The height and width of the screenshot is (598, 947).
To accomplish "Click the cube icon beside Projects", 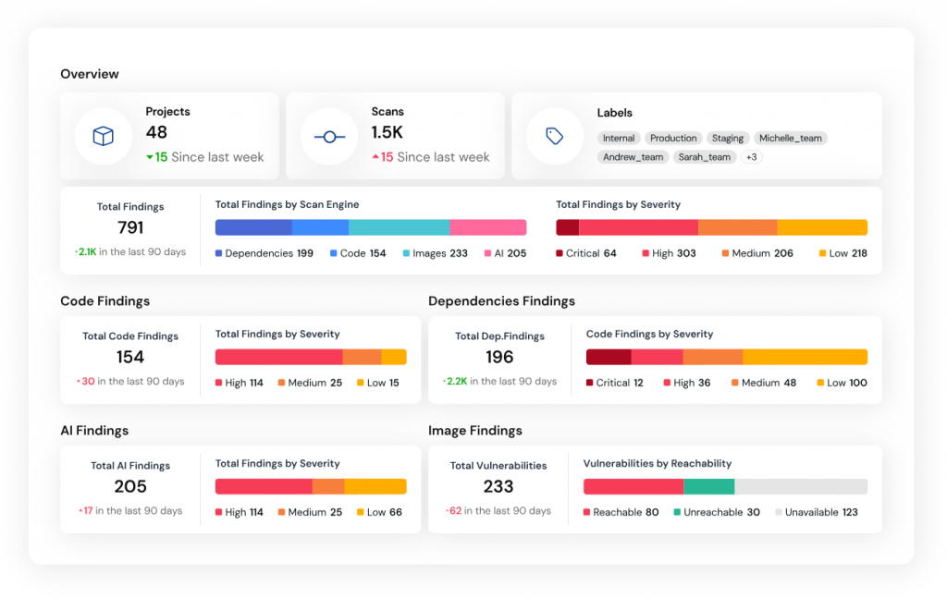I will pyautogui.click(x=103, y=137).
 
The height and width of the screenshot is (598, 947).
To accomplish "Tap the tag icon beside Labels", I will pyautogui.click(x=555, y=137).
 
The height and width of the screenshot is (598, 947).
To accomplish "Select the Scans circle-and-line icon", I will pyautogui.click(x=329, y=137).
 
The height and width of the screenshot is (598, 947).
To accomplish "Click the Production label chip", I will pyautogui.click(x=673, y=139).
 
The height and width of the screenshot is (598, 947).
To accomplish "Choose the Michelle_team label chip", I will pyautogui.click(x=790, y=139).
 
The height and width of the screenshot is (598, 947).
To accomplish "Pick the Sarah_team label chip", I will pyautogui.click(x=705, y=157).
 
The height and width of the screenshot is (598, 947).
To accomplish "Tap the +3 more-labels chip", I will pyautogui.click(x=751, y=157).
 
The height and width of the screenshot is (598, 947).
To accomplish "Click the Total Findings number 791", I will pyautogui.click(x=130, y=227).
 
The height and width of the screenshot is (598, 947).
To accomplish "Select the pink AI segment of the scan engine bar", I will pyautogui.click(x=487, y=227).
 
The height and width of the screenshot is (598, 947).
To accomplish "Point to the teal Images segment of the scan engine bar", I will pyautogui.click(x=399, y=227).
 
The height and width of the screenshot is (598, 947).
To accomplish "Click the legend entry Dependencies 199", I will pyautogui.click(x=264, y=253).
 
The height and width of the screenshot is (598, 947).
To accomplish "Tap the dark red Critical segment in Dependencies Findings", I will pyautogui.click(x=609, y=357).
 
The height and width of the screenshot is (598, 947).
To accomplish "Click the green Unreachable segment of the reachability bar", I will pyautogui.click(x=708, y=486).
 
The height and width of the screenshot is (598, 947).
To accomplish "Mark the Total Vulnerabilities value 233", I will pyautogui.click(x=498, y=487).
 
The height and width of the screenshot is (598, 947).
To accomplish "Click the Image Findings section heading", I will pyautogui.click(x=475, y=431).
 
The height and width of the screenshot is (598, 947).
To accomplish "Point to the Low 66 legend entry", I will pyautogui.click(x=379, y=512).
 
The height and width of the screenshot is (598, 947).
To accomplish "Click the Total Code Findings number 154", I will pyautogui.click(x=130, y=358).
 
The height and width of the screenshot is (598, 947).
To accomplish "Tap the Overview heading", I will pyautogui.click(x=90, y=74).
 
